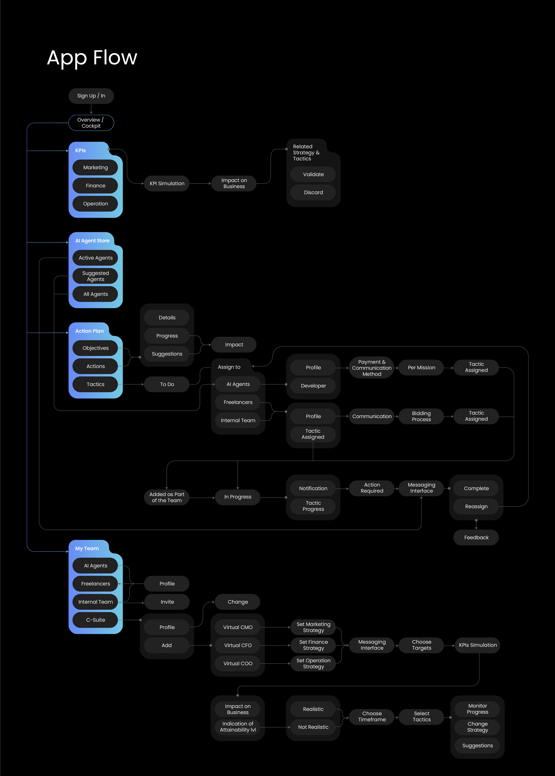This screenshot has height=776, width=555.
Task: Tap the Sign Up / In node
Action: click(91, 96)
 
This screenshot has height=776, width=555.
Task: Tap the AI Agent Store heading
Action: click(92, 241)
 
